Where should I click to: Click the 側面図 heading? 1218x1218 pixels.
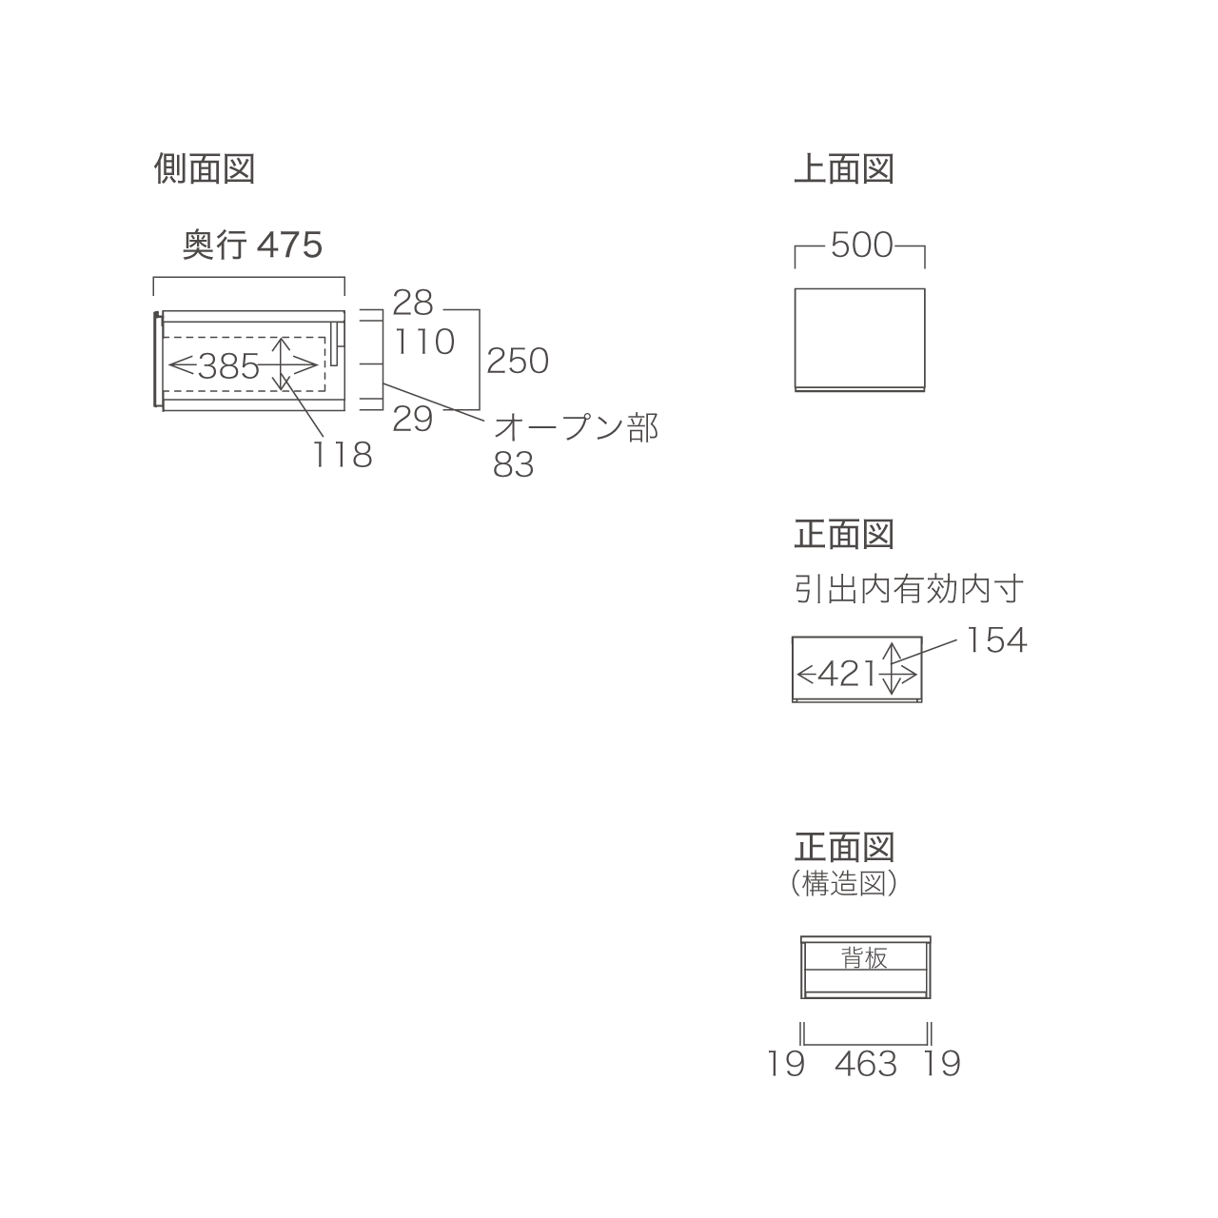click(205, 169)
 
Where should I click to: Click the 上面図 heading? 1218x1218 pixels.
click(844, 169)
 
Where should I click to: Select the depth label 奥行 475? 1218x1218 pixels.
click(252, 245)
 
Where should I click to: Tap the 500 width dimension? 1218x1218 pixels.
click(861, 246)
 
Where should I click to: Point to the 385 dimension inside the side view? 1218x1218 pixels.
click(228, 366)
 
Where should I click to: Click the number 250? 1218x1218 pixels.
click(518, 362)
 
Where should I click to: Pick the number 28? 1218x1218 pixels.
click(413, 303)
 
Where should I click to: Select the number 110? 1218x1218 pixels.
click(424, 342)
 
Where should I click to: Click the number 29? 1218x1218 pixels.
click(413, 419)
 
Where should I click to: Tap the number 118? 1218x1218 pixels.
click(343, 455)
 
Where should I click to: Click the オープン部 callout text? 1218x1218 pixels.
click(576, 428)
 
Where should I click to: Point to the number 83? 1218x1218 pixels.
click(513, 465)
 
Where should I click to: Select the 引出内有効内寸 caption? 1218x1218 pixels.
click(909, 589)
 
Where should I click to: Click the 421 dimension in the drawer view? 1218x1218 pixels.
click(847, 674)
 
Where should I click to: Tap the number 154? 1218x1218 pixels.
click(997, 640)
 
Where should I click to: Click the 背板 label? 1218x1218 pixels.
click(864, 958)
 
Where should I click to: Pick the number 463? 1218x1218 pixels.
click(866, 1064)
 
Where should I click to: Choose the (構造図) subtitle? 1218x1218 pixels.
click(844, 883)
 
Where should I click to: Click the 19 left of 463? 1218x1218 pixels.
click(786, 1064)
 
